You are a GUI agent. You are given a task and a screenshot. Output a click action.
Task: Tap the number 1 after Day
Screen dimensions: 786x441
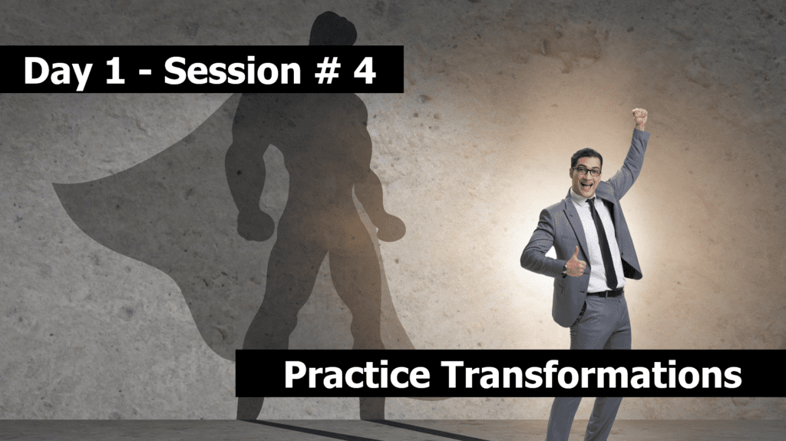coord(115,70)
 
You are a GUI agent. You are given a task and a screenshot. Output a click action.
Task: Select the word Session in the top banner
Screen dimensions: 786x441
coord(232,71)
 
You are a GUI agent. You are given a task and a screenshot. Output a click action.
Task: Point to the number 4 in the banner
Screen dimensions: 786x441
coord(365,70)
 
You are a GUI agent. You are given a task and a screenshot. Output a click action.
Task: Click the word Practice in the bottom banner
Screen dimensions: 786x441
coord(357,374)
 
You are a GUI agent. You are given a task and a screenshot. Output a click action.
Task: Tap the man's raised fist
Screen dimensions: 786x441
coord(639,118)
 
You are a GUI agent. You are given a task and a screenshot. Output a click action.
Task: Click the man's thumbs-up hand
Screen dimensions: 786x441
coord(576,263)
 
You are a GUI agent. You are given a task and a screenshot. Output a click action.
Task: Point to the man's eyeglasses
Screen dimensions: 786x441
coord(587,171)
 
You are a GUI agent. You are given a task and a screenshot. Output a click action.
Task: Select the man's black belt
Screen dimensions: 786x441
coord(605,293)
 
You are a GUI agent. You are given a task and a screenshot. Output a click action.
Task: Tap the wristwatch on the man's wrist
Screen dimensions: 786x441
coord(564,271)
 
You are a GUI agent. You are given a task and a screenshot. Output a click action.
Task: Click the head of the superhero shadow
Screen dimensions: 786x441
coord(333,29)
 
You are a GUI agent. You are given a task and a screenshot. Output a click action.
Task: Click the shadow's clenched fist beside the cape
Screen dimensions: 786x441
coord(255,226)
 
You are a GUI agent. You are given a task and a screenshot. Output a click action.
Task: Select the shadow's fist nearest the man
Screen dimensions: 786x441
coord(391,227)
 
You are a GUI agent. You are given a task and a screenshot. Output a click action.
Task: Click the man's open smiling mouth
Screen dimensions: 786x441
coord(586,185)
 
